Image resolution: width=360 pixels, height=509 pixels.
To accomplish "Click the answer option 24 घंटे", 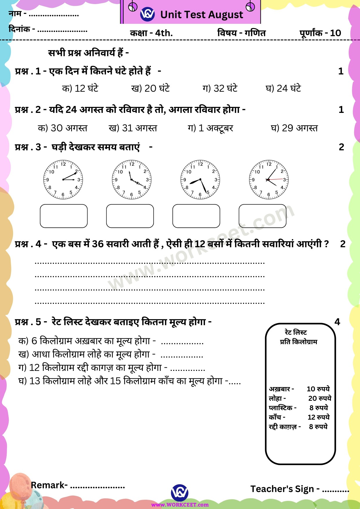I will (x=283, y=88).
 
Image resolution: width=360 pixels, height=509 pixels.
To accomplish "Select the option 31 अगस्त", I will (x=133, y=128).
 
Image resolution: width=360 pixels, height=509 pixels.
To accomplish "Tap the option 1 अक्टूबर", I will (x=210, y=128).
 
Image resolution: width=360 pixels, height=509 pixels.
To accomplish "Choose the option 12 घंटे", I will (x=80, y=88).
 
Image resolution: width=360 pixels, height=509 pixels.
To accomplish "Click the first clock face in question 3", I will (x=63, y=180).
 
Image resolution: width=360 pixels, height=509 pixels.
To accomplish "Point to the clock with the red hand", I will (x=269, y=180).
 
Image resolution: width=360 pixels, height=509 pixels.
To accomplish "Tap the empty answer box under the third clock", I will (x=196, y=216).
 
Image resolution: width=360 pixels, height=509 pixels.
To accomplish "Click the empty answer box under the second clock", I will (x=130, y=216).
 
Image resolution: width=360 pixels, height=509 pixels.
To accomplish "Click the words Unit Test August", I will (x=201, y=15).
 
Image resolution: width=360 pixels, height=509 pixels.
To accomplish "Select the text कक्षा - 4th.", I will (x=151, y=33).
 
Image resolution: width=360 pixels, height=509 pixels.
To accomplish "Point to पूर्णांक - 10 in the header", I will (x=320, y=33).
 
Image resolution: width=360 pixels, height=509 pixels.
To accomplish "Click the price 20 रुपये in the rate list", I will (x=320, y=398).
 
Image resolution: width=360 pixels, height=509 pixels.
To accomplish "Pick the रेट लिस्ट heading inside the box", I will (x=296, y=332).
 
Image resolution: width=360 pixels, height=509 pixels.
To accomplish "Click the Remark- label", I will (x=49, y=485).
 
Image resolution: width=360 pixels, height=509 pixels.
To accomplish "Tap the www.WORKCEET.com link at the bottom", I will (x=180, y=505).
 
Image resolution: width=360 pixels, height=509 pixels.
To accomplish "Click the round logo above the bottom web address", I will (x=180, y=492).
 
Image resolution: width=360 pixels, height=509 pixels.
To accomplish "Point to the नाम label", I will (x=15, y=14).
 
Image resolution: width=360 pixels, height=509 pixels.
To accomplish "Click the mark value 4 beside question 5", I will (x=337, y=322).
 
